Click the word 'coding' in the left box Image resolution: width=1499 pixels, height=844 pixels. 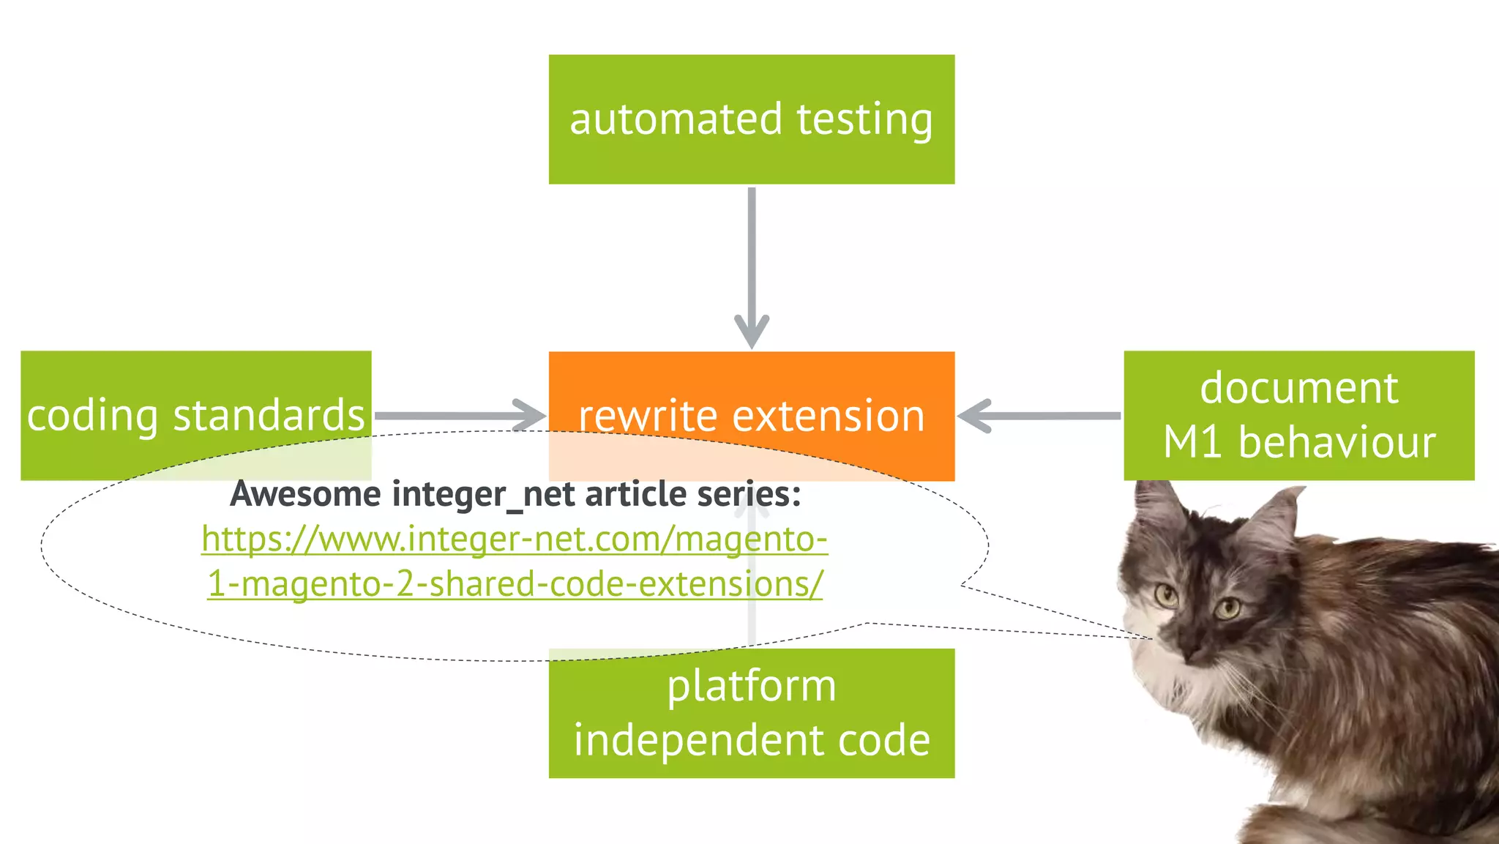tap(92, 416)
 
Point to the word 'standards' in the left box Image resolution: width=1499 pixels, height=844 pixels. tap(269, 416)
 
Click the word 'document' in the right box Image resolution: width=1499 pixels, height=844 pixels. tap(1298, 388)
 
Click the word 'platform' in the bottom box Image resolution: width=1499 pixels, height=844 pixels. tap(751, 687)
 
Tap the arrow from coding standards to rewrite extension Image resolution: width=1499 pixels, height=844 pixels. tap(460, 416)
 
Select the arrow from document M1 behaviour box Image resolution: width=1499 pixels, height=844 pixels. tap(1039, 416)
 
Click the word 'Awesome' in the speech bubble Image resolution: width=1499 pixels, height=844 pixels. tap(305, 494)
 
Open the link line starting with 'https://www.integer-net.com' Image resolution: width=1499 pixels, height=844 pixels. tap(515, 539)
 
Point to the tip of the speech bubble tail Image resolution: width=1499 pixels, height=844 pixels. tap(1151, 638)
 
